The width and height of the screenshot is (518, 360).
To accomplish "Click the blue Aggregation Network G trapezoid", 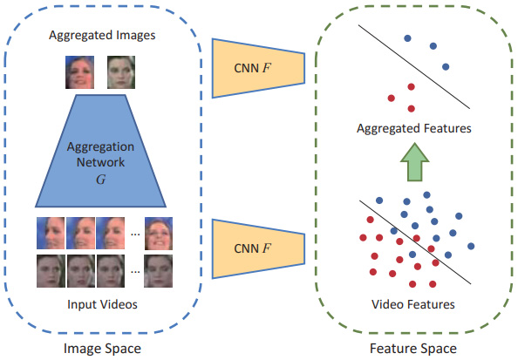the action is click(101, 152).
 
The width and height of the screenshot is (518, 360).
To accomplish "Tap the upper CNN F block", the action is click(258, 68).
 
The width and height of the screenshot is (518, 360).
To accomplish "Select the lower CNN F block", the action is click(258, 249).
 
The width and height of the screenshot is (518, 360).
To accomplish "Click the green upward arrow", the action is click(414, 162).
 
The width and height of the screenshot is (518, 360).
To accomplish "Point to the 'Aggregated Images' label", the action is click(102, 36).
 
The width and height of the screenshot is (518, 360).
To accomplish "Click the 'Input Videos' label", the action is click(102, 304).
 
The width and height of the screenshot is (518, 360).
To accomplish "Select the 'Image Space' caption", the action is click(102, 349).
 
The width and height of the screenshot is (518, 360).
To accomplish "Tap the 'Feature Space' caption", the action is click(413, 349).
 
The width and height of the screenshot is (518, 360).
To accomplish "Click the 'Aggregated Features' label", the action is click(414, 128).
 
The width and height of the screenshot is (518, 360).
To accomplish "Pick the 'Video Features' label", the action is click(413, 304).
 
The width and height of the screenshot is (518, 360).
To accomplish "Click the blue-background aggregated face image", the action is click(79, 72).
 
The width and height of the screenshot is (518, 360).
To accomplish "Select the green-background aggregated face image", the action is click(121, 72).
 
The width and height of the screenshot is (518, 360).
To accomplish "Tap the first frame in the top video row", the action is click(51, 234).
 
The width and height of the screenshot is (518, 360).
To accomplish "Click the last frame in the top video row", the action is click(159, 234).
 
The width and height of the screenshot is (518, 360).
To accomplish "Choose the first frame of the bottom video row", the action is click(51, 271).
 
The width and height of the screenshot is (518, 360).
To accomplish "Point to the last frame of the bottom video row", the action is click(158, 271).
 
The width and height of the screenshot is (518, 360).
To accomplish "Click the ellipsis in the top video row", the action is click(135, 234).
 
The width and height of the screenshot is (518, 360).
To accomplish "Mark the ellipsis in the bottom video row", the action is click(135, 272).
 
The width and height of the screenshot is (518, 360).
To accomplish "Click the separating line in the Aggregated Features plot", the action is click(414, 67).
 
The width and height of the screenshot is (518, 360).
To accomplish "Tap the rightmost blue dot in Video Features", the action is click(471, 246).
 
